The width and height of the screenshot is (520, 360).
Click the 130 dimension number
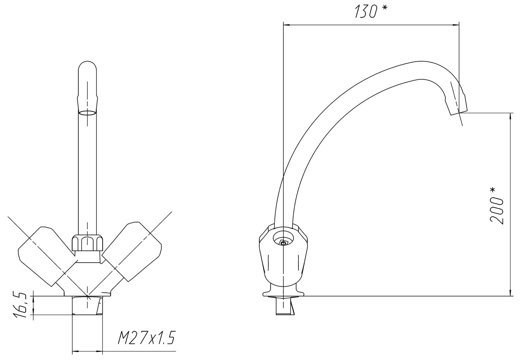click(x=365, y=12)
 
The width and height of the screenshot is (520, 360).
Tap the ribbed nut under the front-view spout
click(x=87, y=243)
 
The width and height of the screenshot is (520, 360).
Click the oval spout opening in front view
click(x=87, y=113)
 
